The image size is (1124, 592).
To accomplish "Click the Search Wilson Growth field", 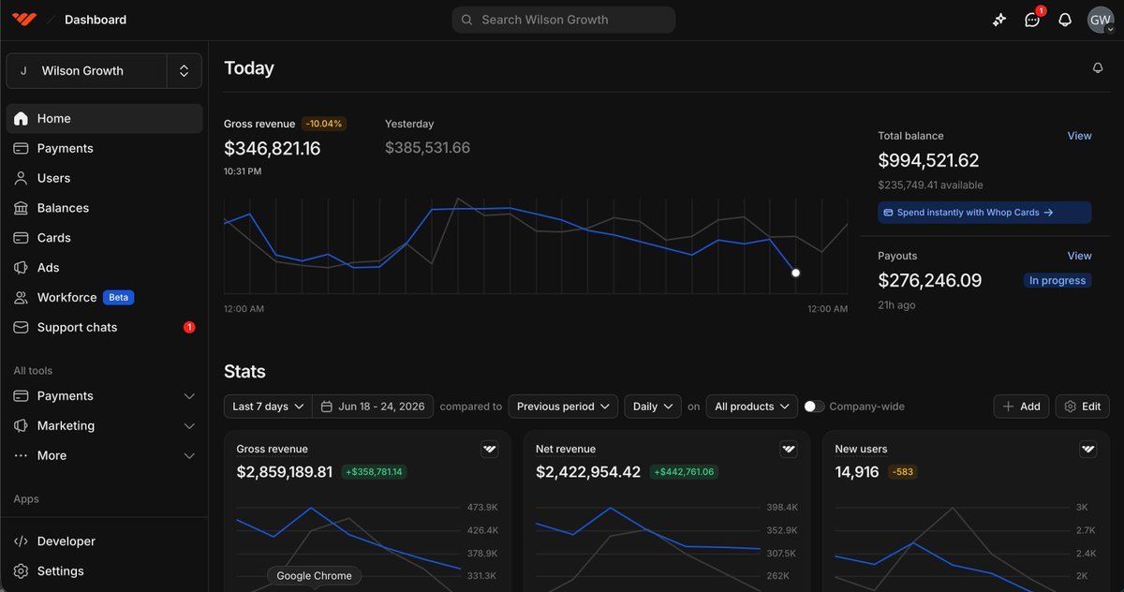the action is tap(564, 20).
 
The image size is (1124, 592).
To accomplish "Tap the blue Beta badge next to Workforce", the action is tap(118, 298).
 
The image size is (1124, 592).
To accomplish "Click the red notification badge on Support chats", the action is tap(189, 327).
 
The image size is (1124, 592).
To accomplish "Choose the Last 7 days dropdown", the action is tap(268, 407).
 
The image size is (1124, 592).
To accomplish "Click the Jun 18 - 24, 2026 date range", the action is tap(373, 407).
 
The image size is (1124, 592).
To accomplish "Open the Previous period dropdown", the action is tap(563, 407).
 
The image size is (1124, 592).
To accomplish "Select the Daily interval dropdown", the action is tap(653, 407).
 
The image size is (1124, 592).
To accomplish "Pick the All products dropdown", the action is tap(751, 407).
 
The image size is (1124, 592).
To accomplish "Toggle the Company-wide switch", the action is tap(814, 407).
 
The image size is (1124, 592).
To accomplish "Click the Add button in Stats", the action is tap(1021, 407).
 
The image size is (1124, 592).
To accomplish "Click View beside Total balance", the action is tap(1079, 136).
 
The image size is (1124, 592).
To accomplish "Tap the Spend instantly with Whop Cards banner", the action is tap(984, 213).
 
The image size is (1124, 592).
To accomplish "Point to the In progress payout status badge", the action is tap(1057, 280).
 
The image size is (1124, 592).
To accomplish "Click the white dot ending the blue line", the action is tap(796, 273).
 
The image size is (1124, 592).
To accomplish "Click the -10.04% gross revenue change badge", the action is tap(324, 124).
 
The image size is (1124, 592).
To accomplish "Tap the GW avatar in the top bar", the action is tap(1101, 20).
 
